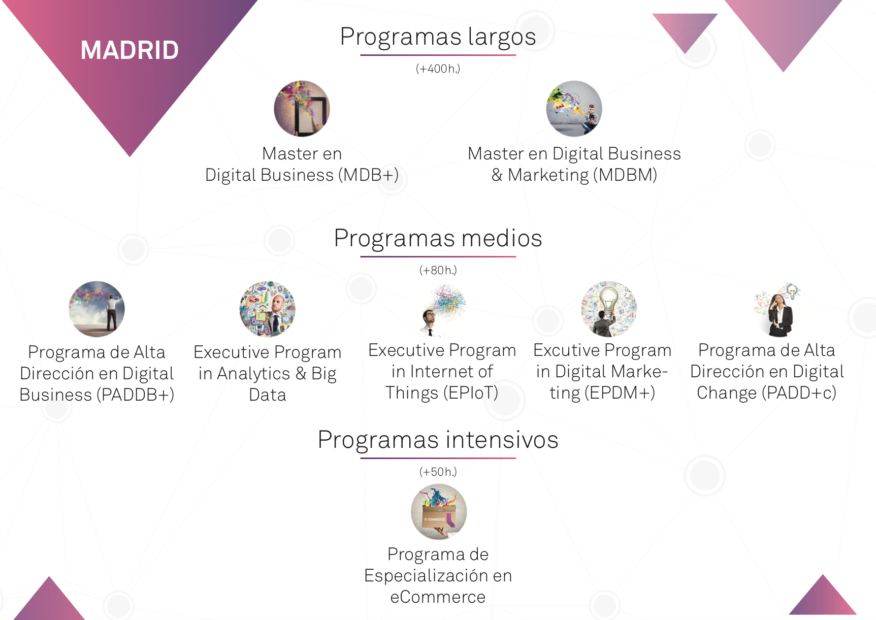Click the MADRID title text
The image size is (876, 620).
tap(129, 50)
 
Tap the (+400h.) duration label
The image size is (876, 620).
tap(438, 69)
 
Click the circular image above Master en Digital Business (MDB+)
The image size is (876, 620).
tap(302, 109)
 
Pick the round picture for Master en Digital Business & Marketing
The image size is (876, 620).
tap(574, 109)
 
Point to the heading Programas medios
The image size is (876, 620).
tap(438, 238)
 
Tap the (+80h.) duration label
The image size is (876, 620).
tap(438, 270)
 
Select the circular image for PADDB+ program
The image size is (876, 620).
tap(96, 309)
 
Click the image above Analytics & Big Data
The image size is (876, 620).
tap(267, 309)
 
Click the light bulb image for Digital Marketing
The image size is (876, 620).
tap(609, 309)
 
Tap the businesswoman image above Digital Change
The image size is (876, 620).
tap(777, 309)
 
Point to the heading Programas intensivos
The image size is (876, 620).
tap(438, 440)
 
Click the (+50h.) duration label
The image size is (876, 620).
tap(438, 472)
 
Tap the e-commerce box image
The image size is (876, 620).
tap(439, 512)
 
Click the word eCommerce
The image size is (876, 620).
tap(438, 597)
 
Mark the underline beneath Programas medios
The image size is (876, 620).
tap(438, 256)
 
